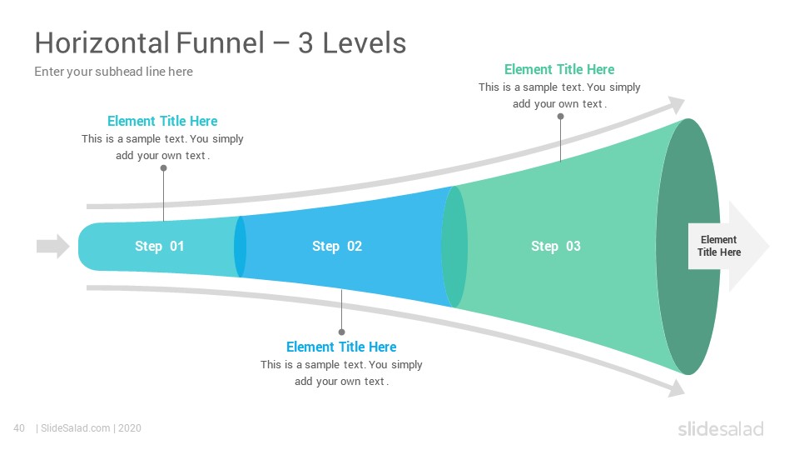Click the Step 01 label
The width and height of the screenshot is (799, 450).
click(x=159, y=247)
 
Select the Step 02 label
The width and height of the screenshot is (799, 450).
click(x=337, y=247)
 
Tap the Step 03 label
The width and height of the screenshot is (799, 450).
click(x=555, y=247)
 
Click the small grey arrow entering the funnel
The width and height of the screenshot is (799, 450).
click(x=53, y=247)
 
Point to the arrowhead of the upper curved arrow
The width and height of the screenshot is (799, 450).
click(x=677, y=105)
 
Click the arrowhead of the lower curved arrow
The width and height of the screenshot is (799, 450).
click(x=677, y=388)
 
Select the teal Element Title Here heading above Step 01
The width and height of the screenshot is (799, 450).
click(x=162, y=121)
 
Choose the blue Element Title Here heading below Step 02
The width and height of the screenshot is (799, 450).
click(x=341, y=347)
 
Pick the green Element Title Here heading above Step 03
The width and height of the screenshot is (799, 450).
click(x=559, y=69)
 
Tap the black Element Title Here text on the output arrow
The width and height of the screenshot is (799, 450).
click(x=718, y=246)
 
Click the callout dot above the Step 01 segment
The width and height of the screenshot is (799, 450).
click(x=164, y=167)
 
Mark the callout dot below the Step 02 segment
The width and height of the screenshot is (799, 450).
click(x=341, y=332)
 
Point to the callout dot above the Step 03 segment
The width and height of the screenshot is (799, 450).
click(x=560, y=117)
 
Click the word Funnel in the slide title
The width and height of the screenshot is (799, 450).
click(x=220, y=42)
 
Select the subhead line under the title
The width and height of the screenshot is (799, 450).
click(x=114, y=72)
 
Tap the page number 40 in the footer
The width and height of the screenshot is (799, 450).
click(x=19, y=428)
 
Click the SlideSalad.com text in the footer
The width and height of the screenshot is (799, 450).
click(x=76, y=428)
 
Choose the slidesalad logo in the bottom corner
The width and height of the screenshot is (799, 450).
click(x=721, y=429)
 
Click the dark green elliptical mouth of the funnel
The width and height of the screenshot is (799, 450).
click(x=688, y=247)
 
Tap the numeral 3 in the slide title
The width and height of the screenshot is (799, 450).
click(x=305, y=42)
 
